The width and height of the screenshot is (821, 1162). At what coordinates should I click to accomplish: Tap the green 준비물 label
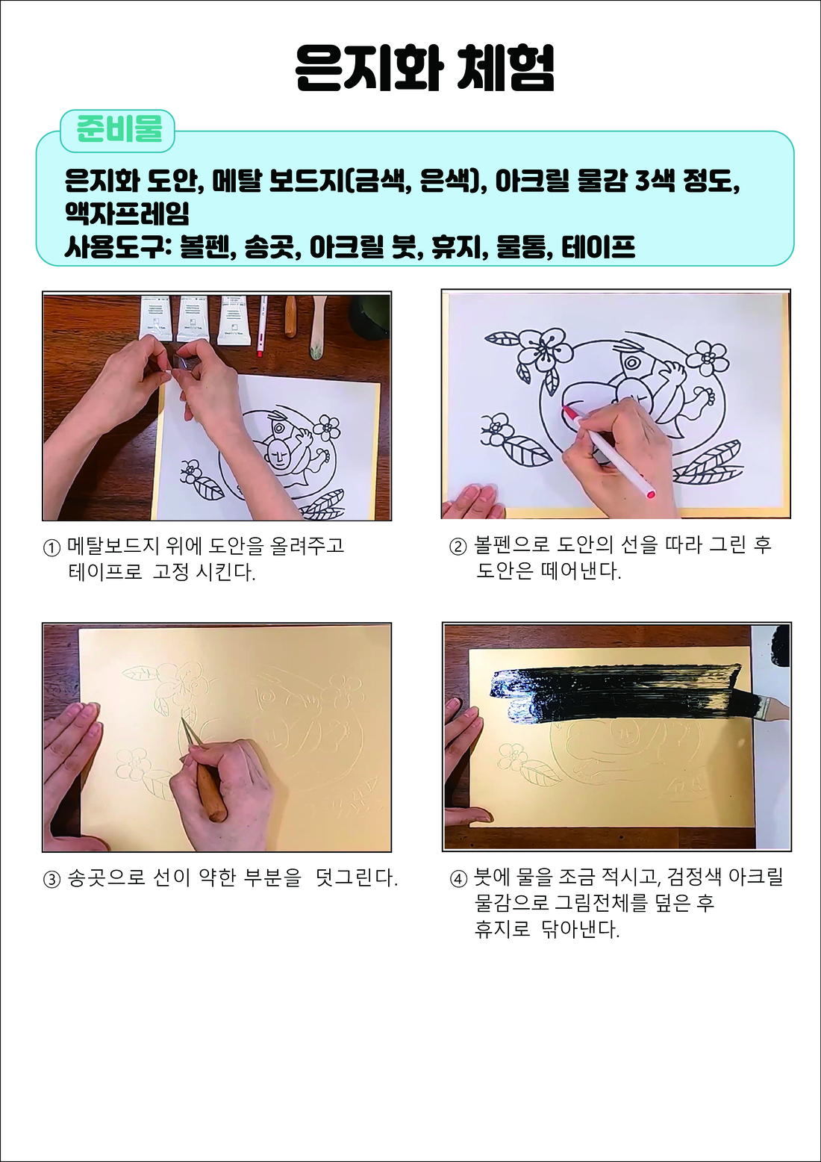coord(118,130)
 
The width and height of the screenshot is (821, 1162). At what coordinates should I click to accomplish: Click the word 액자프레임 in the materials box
coord(127,213)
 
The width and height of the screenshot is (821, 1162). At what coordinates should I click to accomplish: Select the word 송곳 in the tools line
coord(272,247)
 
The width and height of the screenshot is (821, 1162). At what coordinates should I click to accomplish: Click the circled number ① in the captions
coord(51,548)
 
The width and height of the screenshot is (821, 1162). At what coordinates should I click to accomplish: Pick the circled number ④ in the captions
coord(458,879)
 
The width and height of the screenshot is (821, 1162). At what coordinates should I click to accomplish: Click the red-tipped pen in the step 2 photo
coord(610,450)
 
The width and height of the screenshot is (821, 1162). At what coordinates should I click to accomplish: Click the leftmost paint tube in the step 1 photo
coord(155,318)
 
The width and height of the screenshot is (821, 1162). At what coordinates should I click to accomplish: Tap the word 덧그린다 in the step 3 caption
coord(356,878)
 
